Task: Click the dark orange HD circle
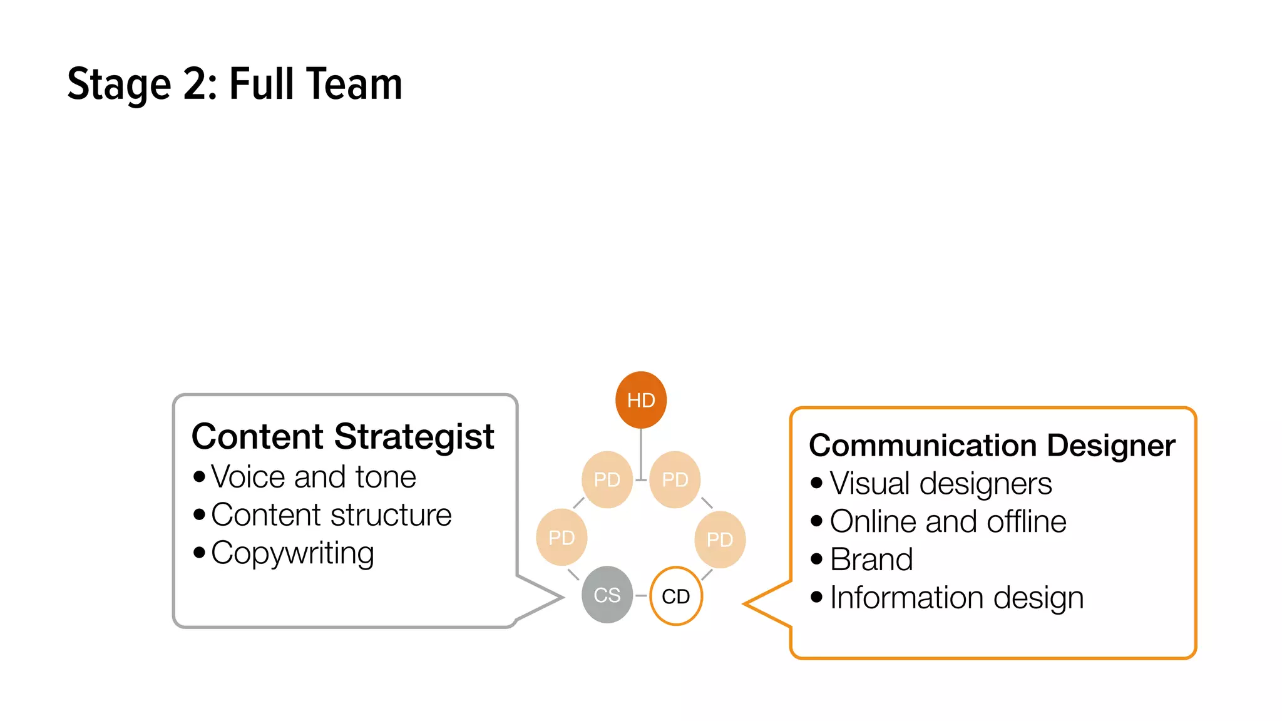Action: (640, 400)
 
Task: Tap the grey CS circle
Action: (607, 595)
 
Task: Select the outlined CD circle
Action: (676, 596)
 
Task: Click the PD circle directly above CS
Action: (562, 537)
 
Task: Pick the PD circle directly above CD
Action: (720, 539)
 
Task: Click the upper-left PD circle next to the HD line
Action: (607, 479)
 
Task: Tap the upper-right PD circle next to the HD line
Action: (675, 479)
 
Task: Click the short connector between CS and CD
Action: (641, 595)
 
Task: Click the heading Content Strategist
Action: (342, 436)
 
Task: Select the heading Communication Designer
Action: (992, 446)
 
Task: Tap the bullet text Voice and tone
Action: (313, 477)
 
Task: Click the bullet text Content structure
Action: (331, 515)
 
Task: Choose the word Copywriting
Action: (292, 553)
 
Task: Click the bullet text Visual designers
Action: (940, 484)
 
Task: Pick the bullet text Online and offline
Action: (948, 522)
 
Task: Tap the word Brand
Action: (871, 560)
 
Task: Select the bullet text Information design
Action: (956, 598)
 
